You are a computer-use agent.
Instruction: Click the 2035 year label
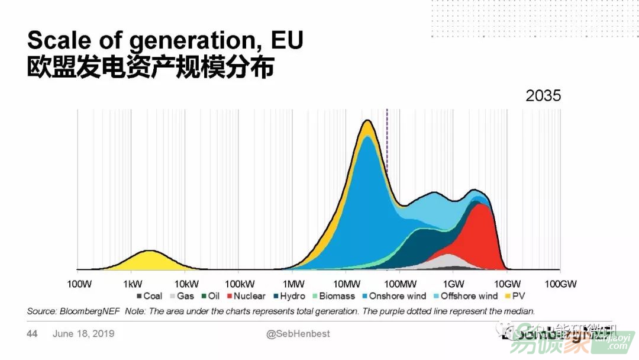coord(543,96)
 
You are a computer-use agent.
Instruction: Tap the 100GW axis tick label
coord(560,284)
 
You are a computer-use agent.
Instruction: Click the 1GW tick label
coord(453,284)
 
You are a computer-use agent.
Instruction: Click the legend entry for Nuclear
coord(245,296)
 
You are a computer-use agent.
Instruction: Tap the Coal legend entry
coord(149,296)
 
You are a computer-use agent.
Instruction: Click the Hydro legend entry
coord(288,296)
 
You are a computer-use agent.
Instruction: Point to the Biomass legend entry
coord(334,296)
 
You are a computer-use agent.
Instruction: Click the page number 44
coord(32,334)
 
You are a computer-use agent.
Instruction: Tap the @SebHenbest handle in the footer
coord(298,334)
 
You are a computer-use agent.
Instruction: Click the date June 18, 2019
coord(83,334)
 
